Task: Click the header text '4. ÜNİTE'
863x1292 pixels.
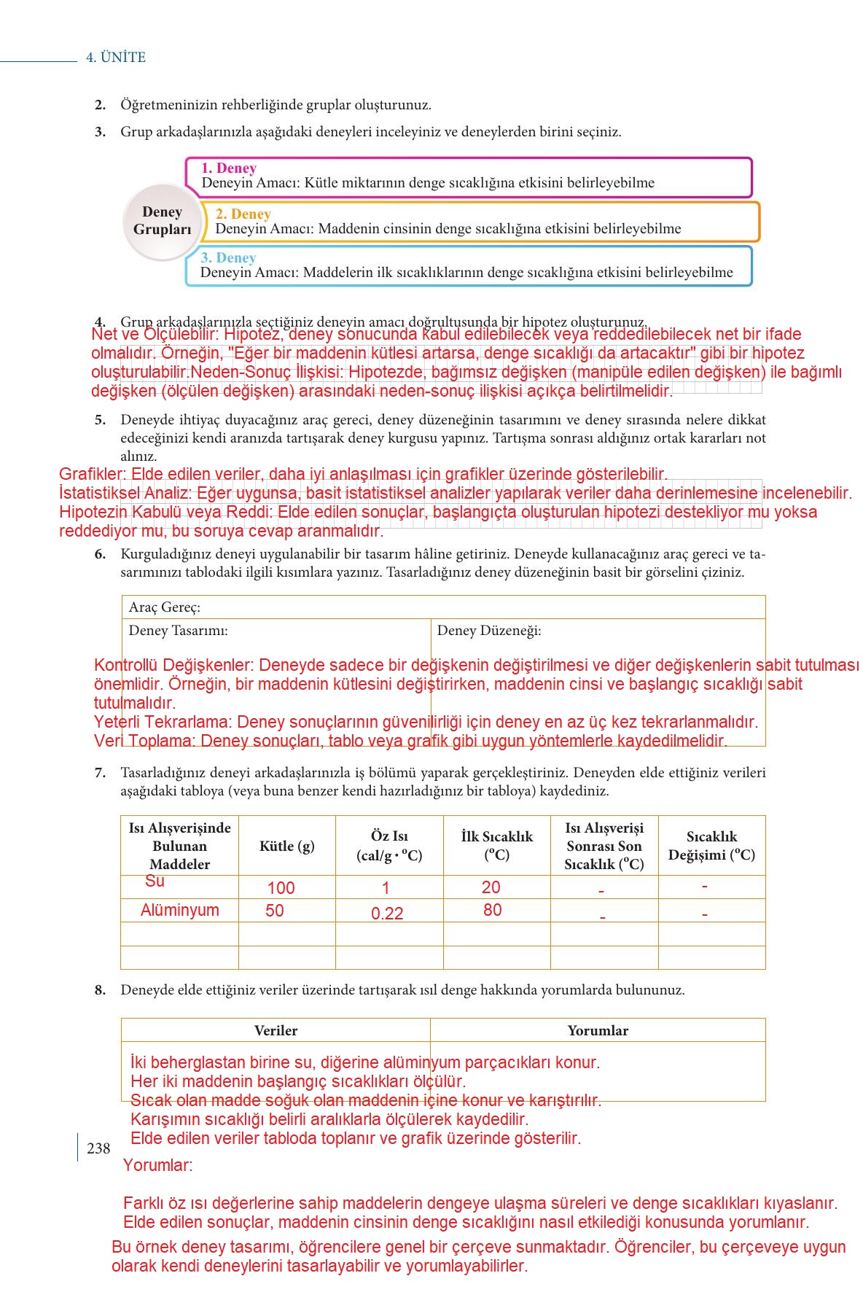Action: pyautogui.click(x=116, y=58)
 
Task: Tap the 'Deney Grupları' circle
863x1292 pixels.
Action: pyautogui.click(x=162, y=221)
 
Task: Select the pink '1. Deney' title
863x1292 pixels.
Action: pyautogui.click(x=229, y=168)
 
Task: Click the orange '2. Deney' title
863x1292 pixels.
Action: pyautogui.click(x=243, y=214)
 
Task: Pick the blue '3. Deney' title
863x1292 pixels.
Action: pyautogui.click(x=228, y=258)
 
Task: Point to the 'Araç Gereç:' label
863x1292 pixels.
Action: pyautogui.click(x=164, y=607)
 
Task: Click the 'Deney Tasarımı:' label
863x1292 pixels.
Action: pyautogui.click(x=178, y=631)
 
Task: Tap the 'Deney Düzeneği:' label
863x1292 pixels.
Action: pyautogui.click(x=488, y=631)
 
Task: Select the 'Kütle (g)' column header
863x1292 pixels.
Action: pyautogui.click(x=286, y=846)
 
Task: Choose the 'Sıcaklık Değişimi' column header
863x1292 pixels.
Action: pyautogui.click(x=711, y=846)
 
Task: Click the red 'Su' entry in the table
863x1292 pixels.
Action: pyautogui.click(x=155, y=881)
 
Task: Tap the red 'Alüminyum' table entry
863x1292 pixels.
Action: pyautogui.click(x=179, y=910)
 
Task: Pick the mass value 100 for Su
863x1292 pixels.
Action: pyautogui.click(x=281, y=888)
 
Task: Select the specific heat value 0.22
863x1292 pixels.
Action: pyautogui.click(x=387, y=914)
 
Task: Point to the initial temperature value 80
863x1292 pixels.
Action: pyautogui.click(x=492, y=910)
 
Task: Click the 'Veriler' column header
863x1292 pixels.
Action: pyautogui.click(x=276, y=1030)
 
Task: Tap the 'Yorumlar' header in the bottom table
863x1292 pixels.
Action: pyautogui.click(x=598, y=1030)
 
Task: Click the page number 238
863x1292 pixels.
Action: pyautogui.click(x=98, y=1148)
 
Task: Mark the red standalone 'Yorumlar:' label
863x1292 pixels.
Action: pyautogui.click(x=157, y=1165)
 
